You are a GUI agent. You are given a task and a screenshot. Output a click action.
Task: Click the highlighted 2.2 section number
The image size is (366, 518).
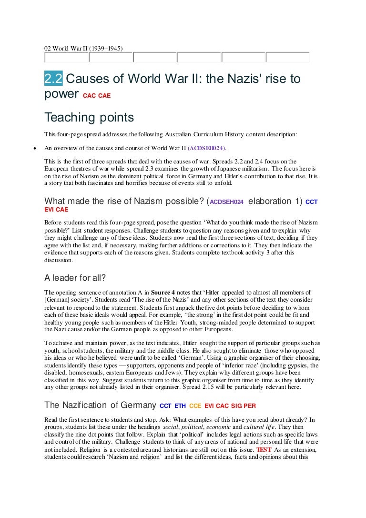tap(53, 79)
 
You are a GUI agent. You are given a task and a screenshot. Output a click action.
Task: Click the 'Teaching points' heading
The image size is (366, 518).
tap(89, 117)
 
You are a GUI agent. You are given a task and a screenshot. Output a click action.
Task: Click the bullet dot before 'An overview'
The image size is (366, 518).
tap(34, 148)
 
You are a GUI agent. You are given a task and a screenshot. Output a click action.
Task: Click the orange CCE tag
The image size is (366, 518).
tap(195, 406)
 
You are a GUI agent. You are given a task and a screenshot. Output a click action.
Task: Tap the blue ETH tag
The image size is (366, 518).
tap(180, 406)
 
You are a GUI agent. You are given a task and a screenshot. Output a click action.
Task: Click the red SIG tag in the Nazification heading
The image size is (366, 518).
tap(236, 406)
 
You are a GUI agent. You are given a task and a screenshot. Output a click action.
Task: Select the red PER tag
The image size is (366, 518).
tap(250, 406)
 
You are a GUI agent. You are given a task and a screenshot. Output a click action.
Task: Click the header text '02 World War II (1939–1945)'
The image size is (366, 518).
tap(83, 48)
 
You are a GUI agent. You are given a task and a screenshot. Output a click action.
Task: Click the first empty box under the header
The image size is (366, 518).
tap(66, 57)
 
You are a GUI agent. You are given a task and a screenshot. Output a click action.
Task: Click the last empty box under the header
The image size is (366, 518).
tap(287, 57)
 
